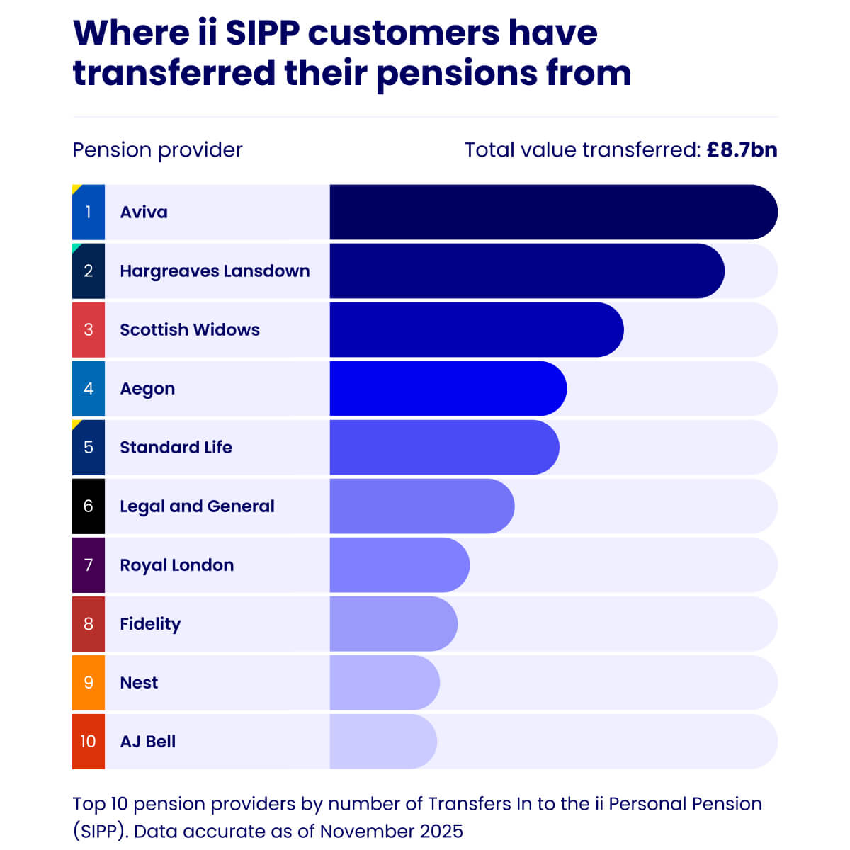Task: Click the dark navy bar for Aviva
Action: click(552, 212)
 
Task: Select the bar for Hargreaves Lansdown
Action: click(526, 271)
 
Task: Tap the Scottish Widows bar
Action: click(476, 329)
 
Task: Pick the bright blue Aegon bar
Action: click(448, 388)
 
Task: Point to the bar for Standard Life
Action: click(444, 447)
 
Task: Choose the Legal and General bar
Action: click(421, 506)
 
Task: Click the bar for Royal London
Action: click(399, 565)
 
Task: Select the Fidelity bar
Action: click(393, 623)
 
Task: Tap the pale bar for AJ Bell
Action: click(383, 741)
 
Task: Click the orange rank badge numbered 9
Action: click(89, 682)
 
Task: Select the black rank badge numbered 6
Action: click(89, 506)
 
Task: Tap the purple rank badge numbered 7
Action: click(89, 565)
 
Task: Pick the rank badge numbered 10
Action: click(89, 741)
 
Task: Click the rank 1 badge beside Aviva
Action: click(89, 212)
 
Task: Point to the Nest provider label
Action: click(139, 682)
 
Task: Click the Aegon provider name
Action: click(147, 389)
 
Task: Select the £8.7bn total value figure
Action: click(742, 150)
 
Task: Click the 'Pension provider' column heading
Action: click(157, 150)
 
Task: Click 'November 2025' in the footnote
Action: click(391, 831)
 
